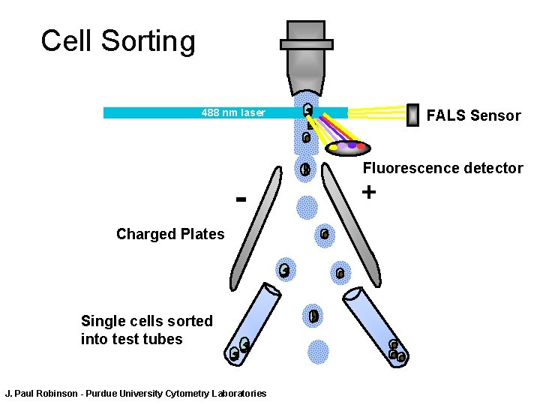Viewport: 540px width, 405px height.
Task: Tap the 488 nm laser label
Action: point(233,113)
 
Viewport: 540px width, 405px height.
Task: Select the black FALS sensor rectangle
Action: point(412,115)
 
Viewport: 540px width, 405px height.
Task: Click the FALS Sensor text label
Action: point(472,115)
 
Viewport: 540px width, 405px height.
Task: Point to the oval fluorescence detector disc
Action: point(348,148)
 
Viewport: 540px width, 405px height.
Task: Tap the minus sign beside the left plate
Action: point(241,200)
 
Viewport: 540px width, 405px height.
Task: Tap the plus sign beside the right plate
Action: point(368,192)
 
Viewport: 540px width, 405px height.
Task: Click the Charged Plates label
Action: point(170,234)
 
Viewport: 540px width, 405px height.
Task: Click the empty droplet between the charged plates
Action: point(307,206)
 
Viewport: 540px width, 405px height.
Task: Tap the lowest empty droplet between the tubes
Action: point(318,351)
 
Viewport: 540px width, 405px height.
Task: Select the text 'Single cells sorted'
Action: point(147,321)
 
